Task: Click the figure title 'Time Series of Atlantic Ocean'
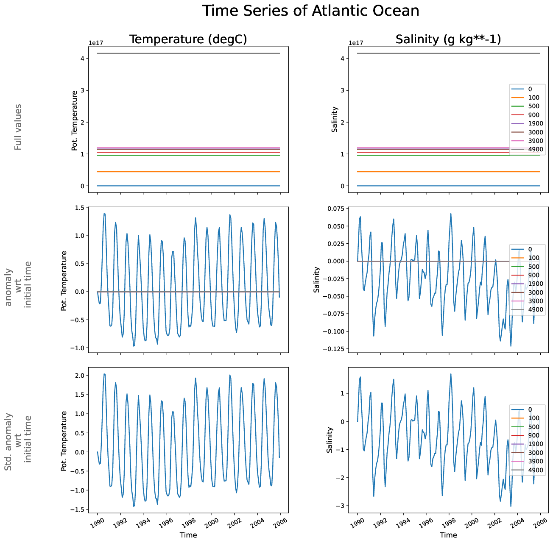[x=310, y=11]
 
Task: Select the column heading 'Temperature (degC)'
[x=188, y=39]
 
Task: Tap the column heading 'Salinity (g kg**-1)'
[x=448, y=39]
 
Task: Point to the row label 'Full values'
[x=18, y=127]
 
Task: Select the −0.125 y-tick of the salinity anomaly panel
[x=335, y=349]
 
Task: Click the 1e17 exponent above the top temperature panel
[x=96, y=43]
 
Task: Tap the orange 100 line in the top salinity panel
[x=424, y=172]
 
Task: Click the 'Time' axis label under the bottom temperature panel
[x=188, y=535]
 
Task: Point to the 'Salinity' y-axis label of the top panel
[x=335, y=120]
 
